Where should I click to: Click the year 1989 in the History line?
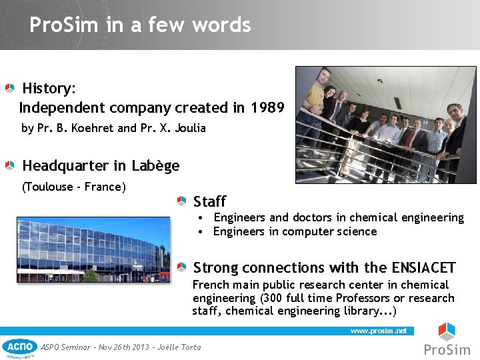pyautogui.click(x=267, y=108)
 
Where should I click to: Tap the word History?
pyautogui.click(x=48, y=89)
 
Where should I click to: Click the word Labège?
pyautogui.click(x=155, y=165)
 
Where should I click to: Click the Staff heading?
pyautogui.click(x=209, y=201)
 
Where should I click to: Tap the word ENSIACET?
pyautogui.click(x=424, y=268)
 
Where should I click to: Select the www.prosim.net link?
pyautogui.click(x=378, y=331)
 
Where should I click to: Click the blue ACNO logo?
pyautogui.click(x=20, y=347)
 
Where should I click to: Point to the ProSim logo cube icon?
pyautogui.click(x=447, y=331)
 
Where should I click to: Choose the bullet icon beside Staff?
pyautogui.click(x=182, y=201)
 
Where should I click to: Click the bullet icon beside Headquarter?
pyautogui.click(x=10, y=165)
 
